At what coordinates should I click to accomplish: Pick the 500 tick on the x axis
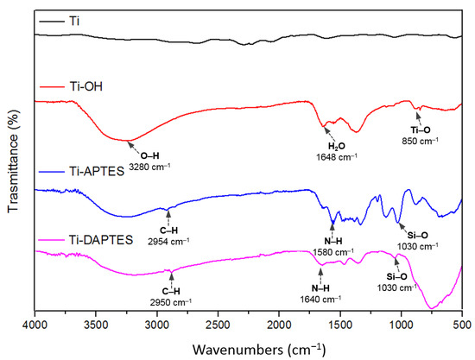(x=462, y=325)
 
